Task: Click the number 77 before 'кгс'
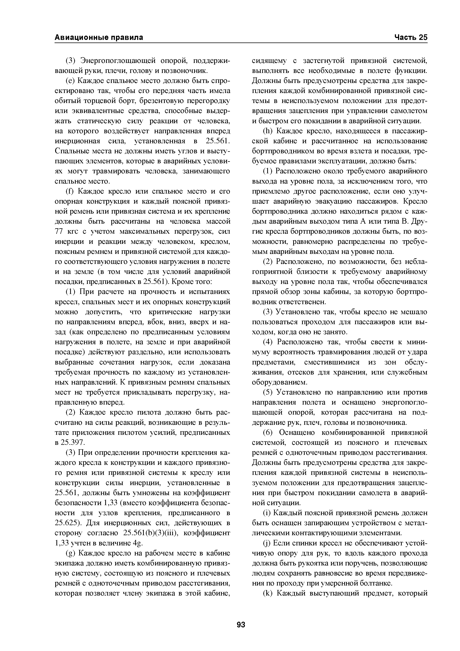[x=59, y=232]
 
